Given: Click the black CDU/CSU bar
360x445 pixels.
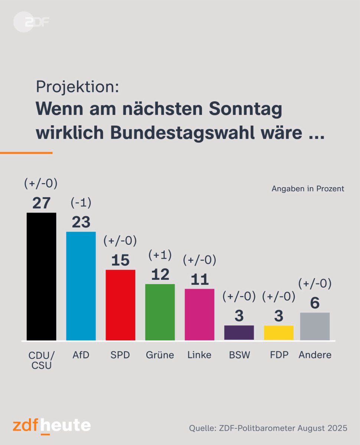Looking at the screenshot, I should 41,276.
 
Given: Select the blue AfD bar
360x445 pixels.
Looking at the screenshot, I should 81,286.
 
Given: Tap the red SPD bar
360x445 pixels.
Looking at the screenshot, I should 120,305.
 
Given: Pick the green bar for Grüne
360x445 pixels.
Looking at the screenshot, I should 160,312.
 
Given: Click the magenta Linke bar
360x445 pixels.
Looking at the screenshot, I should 199,314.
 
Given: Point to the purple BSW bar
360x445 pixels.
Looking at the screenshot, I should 239,333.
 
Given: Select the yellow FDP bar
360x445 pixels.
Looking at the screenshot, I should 278,333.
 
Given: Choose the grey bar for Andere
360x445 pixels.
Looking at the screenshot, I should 315,326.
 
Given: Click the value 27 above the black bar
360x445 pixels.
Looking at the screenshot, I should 41,203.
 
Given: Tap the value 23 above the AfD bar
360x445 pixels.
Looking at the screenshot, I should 81,222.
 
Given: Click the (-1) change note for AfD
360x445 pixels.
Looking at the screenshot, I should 81,203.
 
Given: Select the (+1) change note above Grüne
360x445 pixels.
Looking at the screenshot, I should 160,255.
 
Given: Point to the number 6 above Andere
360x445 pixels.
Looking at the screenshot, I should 315,303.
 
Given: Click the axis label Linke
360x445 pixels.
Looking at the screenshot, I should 199,355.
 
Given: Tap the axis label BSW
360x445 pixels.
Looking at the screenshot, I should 239,355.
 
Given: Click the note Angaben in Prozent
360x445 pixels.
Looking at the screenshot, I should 308,189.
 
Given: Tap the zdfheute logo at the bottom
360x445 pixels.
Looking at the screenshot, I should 52,425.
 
